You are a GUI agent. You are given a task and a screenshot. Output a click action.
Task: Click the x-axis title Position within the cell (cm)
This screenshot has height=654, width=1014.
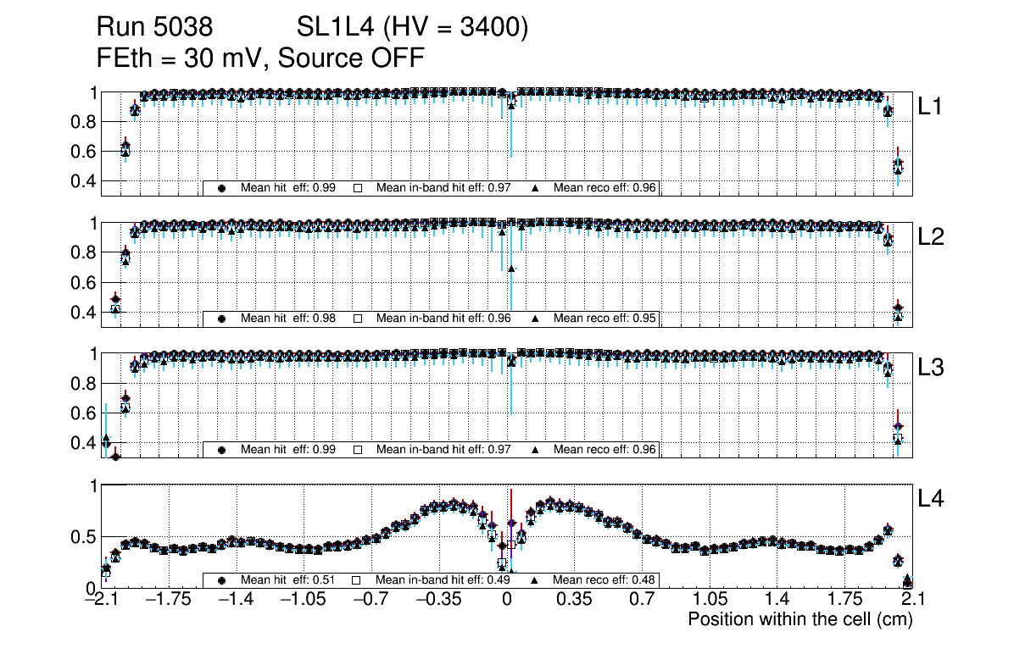coord(799,619)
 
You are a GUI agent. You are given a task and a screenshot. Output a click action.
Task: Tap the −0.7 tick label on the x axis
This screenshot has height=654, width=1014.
coord(368,601)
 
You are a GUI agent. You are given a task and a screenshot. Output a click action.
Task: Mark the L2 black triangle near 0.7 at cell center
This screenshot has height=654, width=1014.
coord(511,269)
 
